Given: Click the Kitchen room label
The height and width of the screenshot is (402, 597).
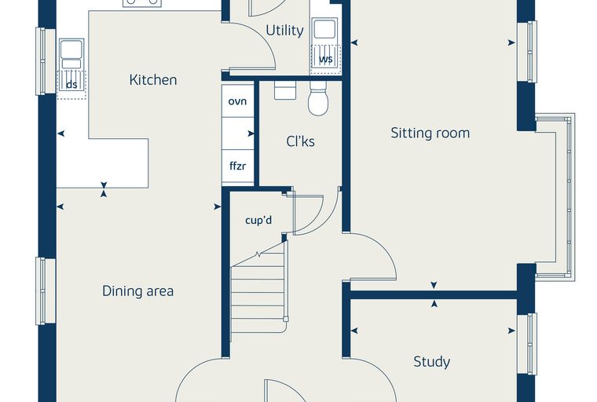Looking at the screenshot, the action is (x=153, y=80).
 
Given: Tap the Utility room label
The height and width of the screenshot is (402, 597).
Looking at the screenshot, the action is (x=284, y=31).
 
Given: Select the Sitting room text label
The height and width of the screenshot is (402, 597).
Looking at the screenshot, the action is (x=430, y=133).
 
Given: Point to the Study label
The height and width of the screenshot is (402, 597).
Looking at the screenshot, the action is (x=432, y=362).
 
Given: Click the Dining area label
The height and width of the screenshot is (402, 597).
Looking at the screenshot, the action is (x=137, y=291).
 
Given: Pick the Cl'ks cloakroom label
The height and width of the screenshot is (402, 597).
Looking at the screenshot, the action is (x=300, y=141).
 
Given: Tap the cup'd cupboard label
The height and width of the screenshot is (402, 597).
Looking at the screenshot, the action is (x=258, y=220).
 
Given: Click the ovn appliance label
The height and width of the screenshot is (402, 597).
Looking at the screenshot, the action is (x=237, y=101).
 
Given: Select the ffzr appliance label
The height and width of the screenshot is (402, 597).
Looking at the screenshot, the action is (x=237, y=166).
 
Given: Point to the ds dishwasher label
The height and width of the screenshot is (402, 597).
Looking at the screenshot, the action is (x=71, y=85).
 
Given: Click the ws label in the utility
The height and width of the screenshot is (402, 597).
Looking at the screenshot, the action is (x=325, y=59).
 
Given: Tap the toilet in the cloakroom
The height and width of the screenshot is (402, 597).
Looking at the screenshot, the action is (x=318, y=98).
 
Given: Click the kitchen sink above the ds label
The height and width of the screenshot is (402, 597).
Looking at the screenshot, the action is (x=71, y=54).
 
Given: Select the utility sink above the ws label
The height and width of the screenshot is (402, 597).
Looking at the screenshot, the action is (x=324, y=31).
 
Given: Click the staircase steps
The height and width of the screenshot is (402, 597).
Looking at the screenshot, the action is (x=258, y=293).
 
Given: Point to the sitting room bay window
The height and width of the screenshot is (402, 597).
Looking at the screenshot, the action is (x=555, y=197).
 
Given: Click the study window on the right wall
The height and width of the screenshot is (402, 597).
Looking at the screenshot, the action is (x=527, y=344).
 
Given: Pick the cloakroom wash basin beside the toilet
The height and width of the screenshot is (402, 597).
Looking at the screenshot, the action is (x=285, y=90).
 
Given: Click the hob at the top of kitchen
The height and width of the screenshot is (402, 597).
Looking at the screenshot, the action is (x=142, y=3).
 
